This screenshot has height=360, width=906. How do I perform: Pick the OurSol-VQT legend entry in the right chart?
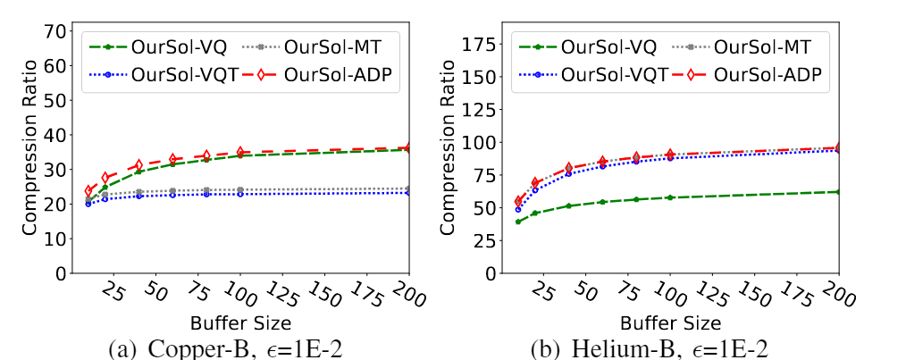pyautogui.click(x=591, y=74)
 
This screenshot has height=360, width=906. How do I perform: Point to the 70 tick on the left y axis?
pyautogui.click(x=56, y=30)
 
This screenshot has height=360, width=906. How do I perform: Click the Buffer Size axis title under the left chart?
pyautogui.click(x=240, y=320)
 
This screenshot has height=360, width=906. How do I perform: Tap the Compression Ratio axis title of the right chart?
pyautogui.click(x=449, y=149)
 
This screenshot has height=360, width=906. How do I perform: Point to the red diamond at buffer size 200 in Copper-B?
pyautogui.click(x=408, y=147)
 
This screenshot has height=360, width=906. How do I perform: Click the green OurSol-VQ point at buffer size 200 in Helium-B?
pyautogui.click(x=839, y=192)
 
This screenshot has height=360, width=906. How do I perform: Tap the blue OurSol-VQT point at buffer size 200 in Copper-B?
pyautogui.click(x=408, y=192)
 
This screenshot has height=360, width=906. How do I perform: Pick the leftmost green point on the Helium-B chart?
pyautogui.click(x=518, y=222)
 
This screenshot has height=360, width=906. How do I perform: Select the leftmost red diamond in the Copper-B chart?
pyautogui.click(x=88, y=191)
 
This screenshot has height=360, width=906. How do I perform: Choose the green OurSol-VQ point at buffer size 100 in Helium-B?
pyautogui.click(x=670, y=197)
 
